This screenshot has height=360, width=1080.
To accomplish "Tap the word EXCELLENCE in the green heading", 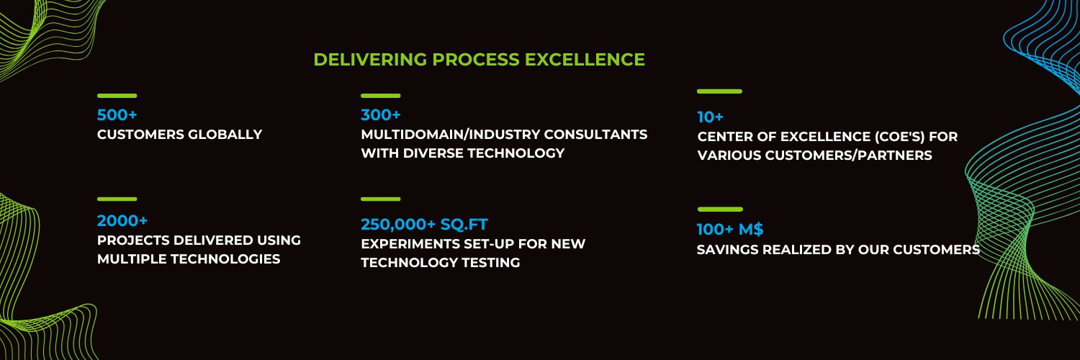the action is pyautogui.click(x=585, y=60).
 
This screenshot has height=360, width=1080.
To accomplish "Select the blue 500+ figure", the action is pyautogui.click(x=117, y=114).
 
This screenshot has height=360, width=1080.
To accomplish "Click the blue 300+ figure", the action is pyautogui.click(x=381, y=114).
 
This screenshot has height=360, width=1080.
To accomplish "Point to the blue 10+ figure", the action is pyautogui.click(x=710, y=117).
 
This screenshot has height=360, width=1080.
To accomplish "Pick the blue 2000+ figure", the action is pyautogui.click(x=122, y=221).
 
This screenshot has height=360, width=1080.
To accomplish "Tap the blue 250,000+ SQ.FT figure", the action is pyautogui.click(x=424, y=224).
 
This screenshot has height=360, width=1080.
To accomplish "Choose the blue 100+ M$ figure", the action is pyautogui.click(x=730, y=229).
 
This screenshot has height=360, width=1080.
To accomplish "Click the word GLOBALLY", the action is pyautogui.click(x=225, y=135).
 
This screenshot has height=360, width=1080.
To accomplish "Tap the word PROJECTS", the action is pyautogui.click(x=133, y=240).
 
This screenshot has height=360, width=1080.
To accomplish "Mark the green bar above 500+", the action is pyautogui.click(x=117, y=96).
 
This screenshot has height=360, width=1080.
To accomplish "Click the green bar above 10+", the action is pyautogui.click(x=719, y=91).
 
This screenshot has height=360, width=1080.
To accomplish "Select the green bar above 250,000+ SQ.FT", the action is pyautogui.click(x=381, y=199).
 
